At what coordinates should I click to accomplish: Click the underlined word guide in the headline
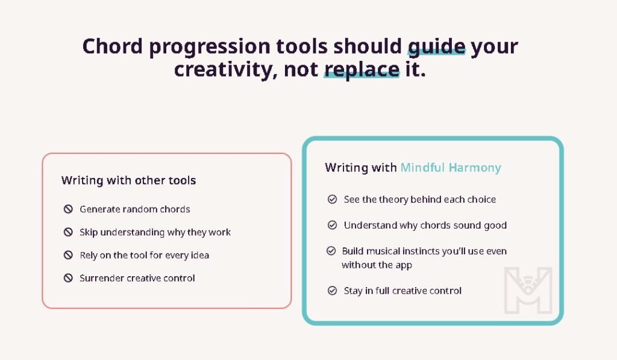coord(436,46)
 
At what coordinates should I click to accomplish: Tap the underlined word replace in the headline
coord(362,70)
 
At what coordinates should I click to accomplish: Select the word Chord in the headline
coord(112,46)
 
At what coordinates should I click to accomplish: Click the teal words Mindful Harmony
coord(451,168)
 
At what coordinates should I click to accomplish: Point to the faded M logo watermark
coord(528,290)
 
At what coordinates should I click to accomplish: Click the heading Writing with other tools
coord(129,180)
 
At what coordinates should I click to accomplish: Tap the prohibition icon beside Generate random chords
coord(68,209)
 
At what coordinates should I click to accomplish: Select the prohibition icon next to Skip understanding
coord(68,232)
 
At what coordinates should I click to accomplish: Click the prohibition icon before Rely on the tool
coord(68,255)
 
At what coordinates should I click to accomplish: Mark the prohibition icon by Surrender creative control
coord(68,278)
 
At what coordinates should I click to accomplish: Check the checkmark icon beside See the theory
coord(332,200)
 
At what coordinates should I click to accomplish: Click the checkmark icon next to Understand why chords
coord(332,225)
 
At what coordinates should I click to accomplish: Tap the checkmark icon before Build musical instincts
coord(331,251)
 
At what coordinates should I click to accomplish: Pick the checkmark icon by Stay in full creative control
coord(332,291)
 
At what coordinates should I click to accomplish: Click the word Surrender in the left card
coord(101,278)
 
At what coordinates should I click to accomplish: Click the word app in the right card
coord(404,265)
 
